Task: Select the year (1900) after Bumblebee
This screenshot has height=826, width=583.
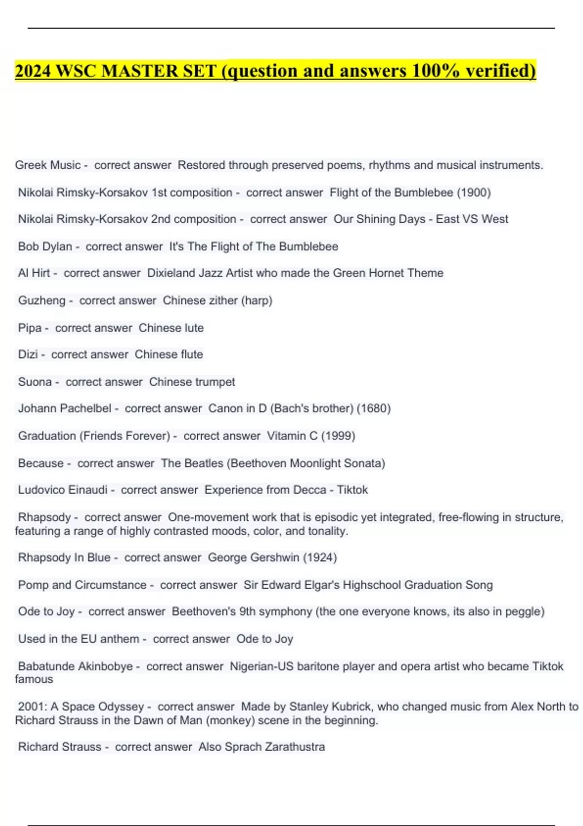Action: [474, 192]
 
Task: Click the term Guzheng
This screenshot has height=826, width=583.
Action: [42, 300]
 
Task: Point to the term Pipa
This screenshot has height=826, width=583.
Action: [30, 328]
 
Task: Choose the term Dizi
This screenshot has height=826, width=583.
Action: [28, 354]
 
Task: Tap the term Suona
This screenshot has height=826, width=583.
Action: [34, 382]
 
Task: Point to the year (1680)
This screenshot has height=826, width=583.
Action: [374, 408]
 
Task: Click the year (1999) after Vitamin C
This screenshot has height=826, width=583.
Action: [338, 436]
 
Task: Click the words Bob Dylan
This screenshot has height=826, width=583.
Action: [45, 246]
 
